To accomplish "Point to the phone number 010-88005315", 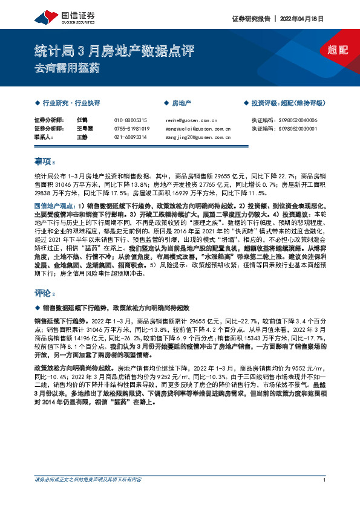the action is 130,120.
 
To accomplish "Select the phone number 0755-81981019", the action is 131,129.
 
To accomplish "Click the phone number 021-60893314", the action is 130,137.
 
